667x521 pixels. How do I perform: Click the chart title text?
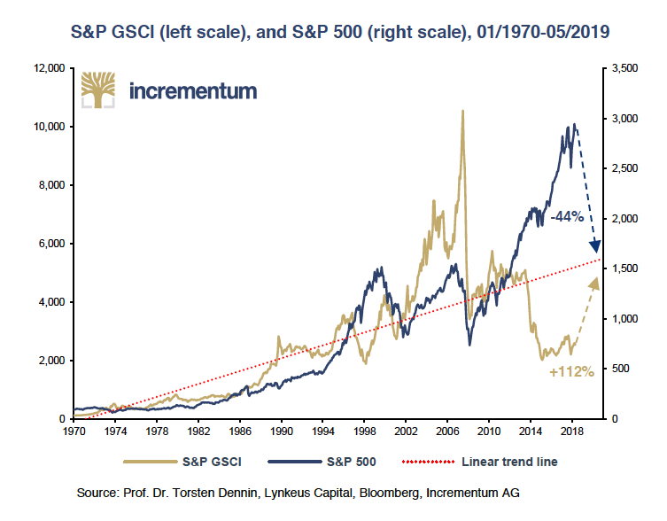pos(333,31)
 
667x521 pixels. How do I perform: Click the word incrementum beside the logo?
pos(193,90)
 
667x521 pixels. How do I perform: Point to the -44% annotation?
pos(566,216)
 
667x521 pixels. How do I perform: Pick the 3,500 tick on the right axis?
pos(624,68)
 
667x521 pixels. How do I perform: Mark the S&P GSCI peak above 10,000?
pos(462,112)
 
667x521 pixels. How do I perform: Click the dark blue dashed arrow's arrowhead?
pos(595,247)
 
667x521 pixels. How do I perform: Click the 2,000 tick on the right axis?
pos(624,219)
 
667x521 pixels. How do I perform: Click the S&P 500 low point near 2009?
pos(470,344)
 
